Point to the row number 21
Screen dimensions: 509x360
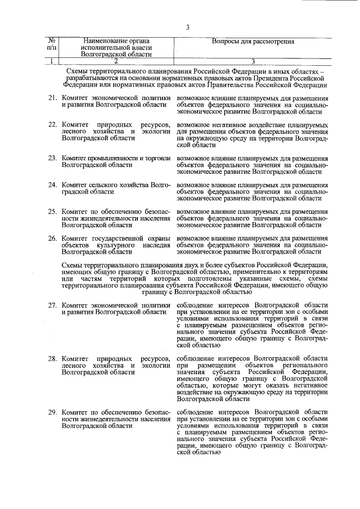point(52,98)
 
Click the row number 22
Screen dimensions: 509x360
point(52,124)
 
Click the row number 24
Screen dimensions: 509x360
point(52,184)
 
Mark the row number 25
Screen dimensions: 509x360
point(52,211)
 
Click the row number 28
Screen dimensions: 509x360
point(52,358)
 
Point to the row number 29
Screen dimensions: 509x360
point(52,412)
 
